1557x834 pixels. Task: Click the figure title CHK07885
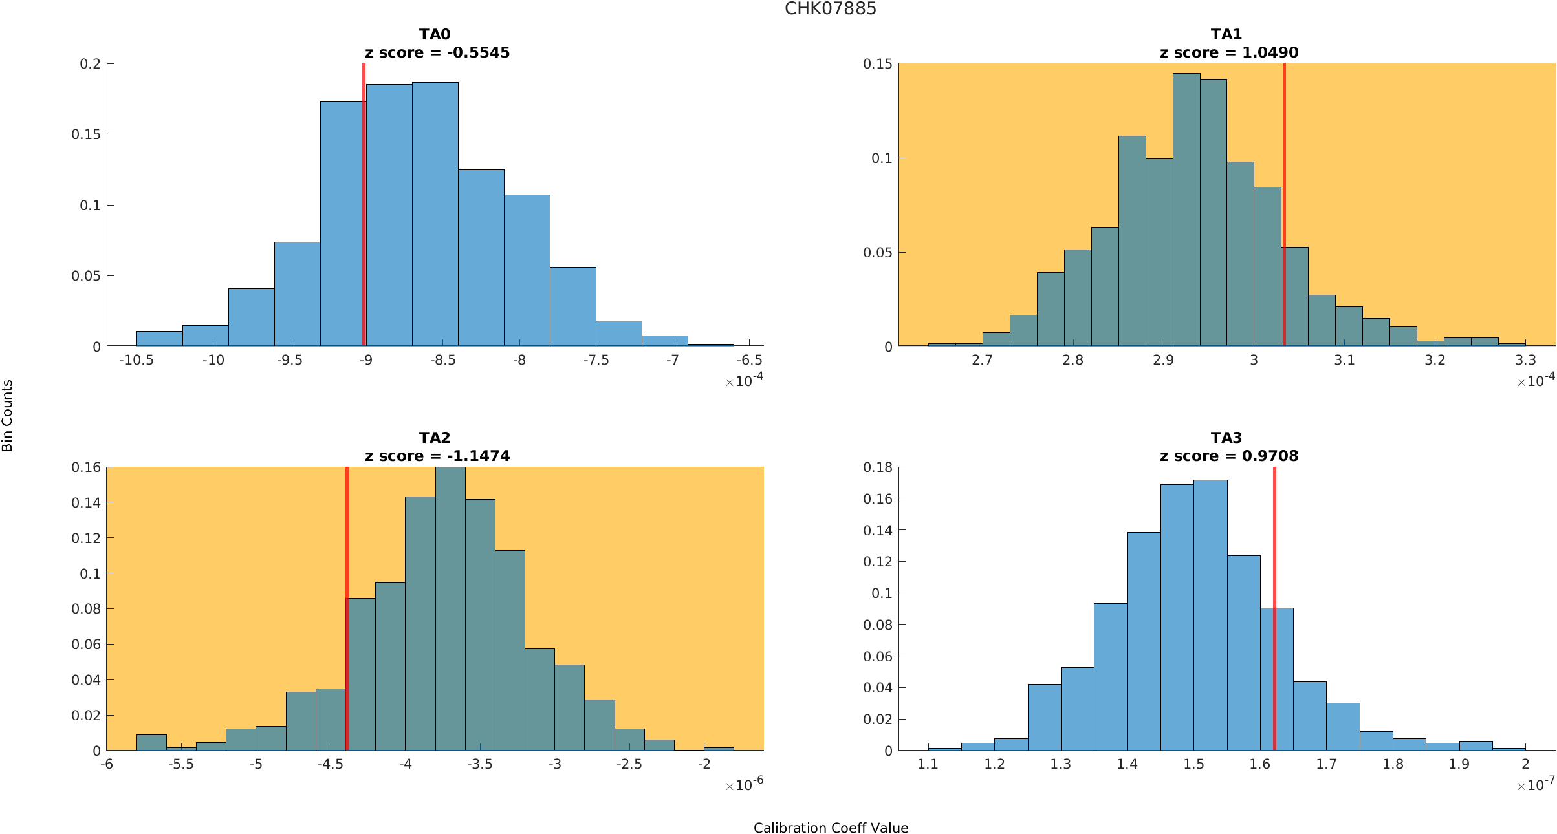tap(830, 9)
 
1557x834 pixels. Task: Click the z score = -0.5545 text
tap(437, 52)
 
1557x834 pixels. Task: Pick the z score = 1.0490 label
tap(1228, 52)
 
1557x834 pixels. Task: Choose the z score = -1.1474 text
tap(437, 456)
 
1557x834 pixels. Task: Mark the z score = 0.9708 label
tap(1228, 456)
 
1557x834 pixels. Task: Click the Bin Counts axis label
tap(8, 416)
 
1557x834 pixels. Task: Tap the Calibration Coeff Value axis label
tap(831, 828)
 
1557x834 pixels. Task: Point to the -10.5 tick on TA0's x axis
tap(136, 360)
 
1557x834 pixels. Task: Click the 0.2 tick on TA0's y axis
tap(91, 63)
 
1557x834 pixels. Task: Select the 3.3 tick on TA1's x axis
tap(1525, 360)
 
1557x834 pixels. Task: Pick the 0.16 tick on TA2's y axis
tap(86, 467)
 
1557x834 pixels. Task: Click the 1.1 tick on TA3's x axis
tap(928, 764)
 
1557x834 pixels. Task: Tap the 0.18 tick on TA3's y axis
tap(878, 467)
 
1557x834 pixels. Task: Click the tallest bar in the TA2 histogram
tap(450, 608)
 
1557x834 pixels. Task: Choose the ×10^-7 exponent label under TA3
tap(1536, 786)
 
